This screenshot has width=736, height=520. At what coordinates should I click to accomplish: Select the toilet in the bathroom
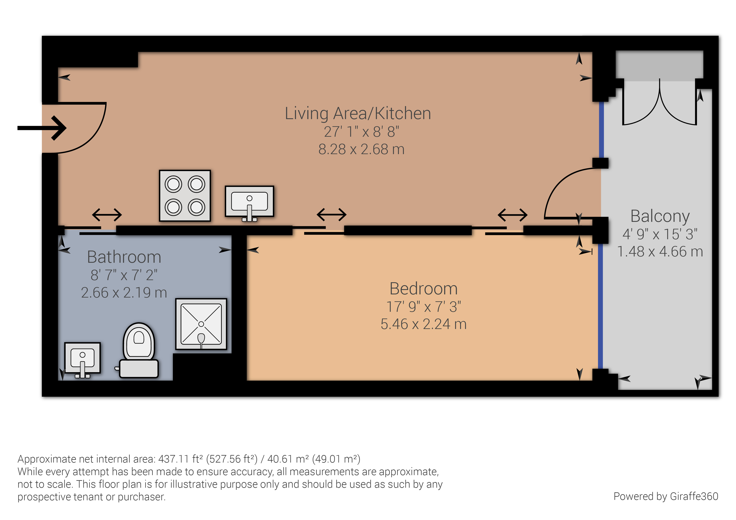pyautogui.click(x=139, y=351)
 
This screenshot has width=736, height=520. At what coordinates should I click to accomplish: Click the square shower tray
pyautogui.click(x=201, y=324)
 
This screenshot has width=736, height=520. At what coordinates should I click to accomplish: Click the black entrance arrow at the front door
pyautogui.click(x=42, y=128)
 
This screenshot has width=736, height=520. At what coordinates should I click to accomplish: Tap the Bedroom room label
pyautogui.click(x=423, y=289)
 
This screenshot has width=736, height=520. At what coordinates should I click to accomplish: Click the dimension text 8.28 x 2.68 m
pyautogui.click(x=361, y=149)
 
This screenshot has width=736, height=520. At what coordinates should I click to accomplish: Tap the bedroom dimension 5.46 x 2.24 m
pyautogui.click(x=423, y=324)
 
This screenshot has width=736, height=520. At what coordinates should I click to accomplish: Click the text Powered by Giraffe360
pyautogui.click(x=666, y=496)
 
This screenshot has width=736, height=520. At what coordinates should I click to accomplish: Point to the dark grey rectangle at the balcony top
pyautogui.click(x=659, y=66)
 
